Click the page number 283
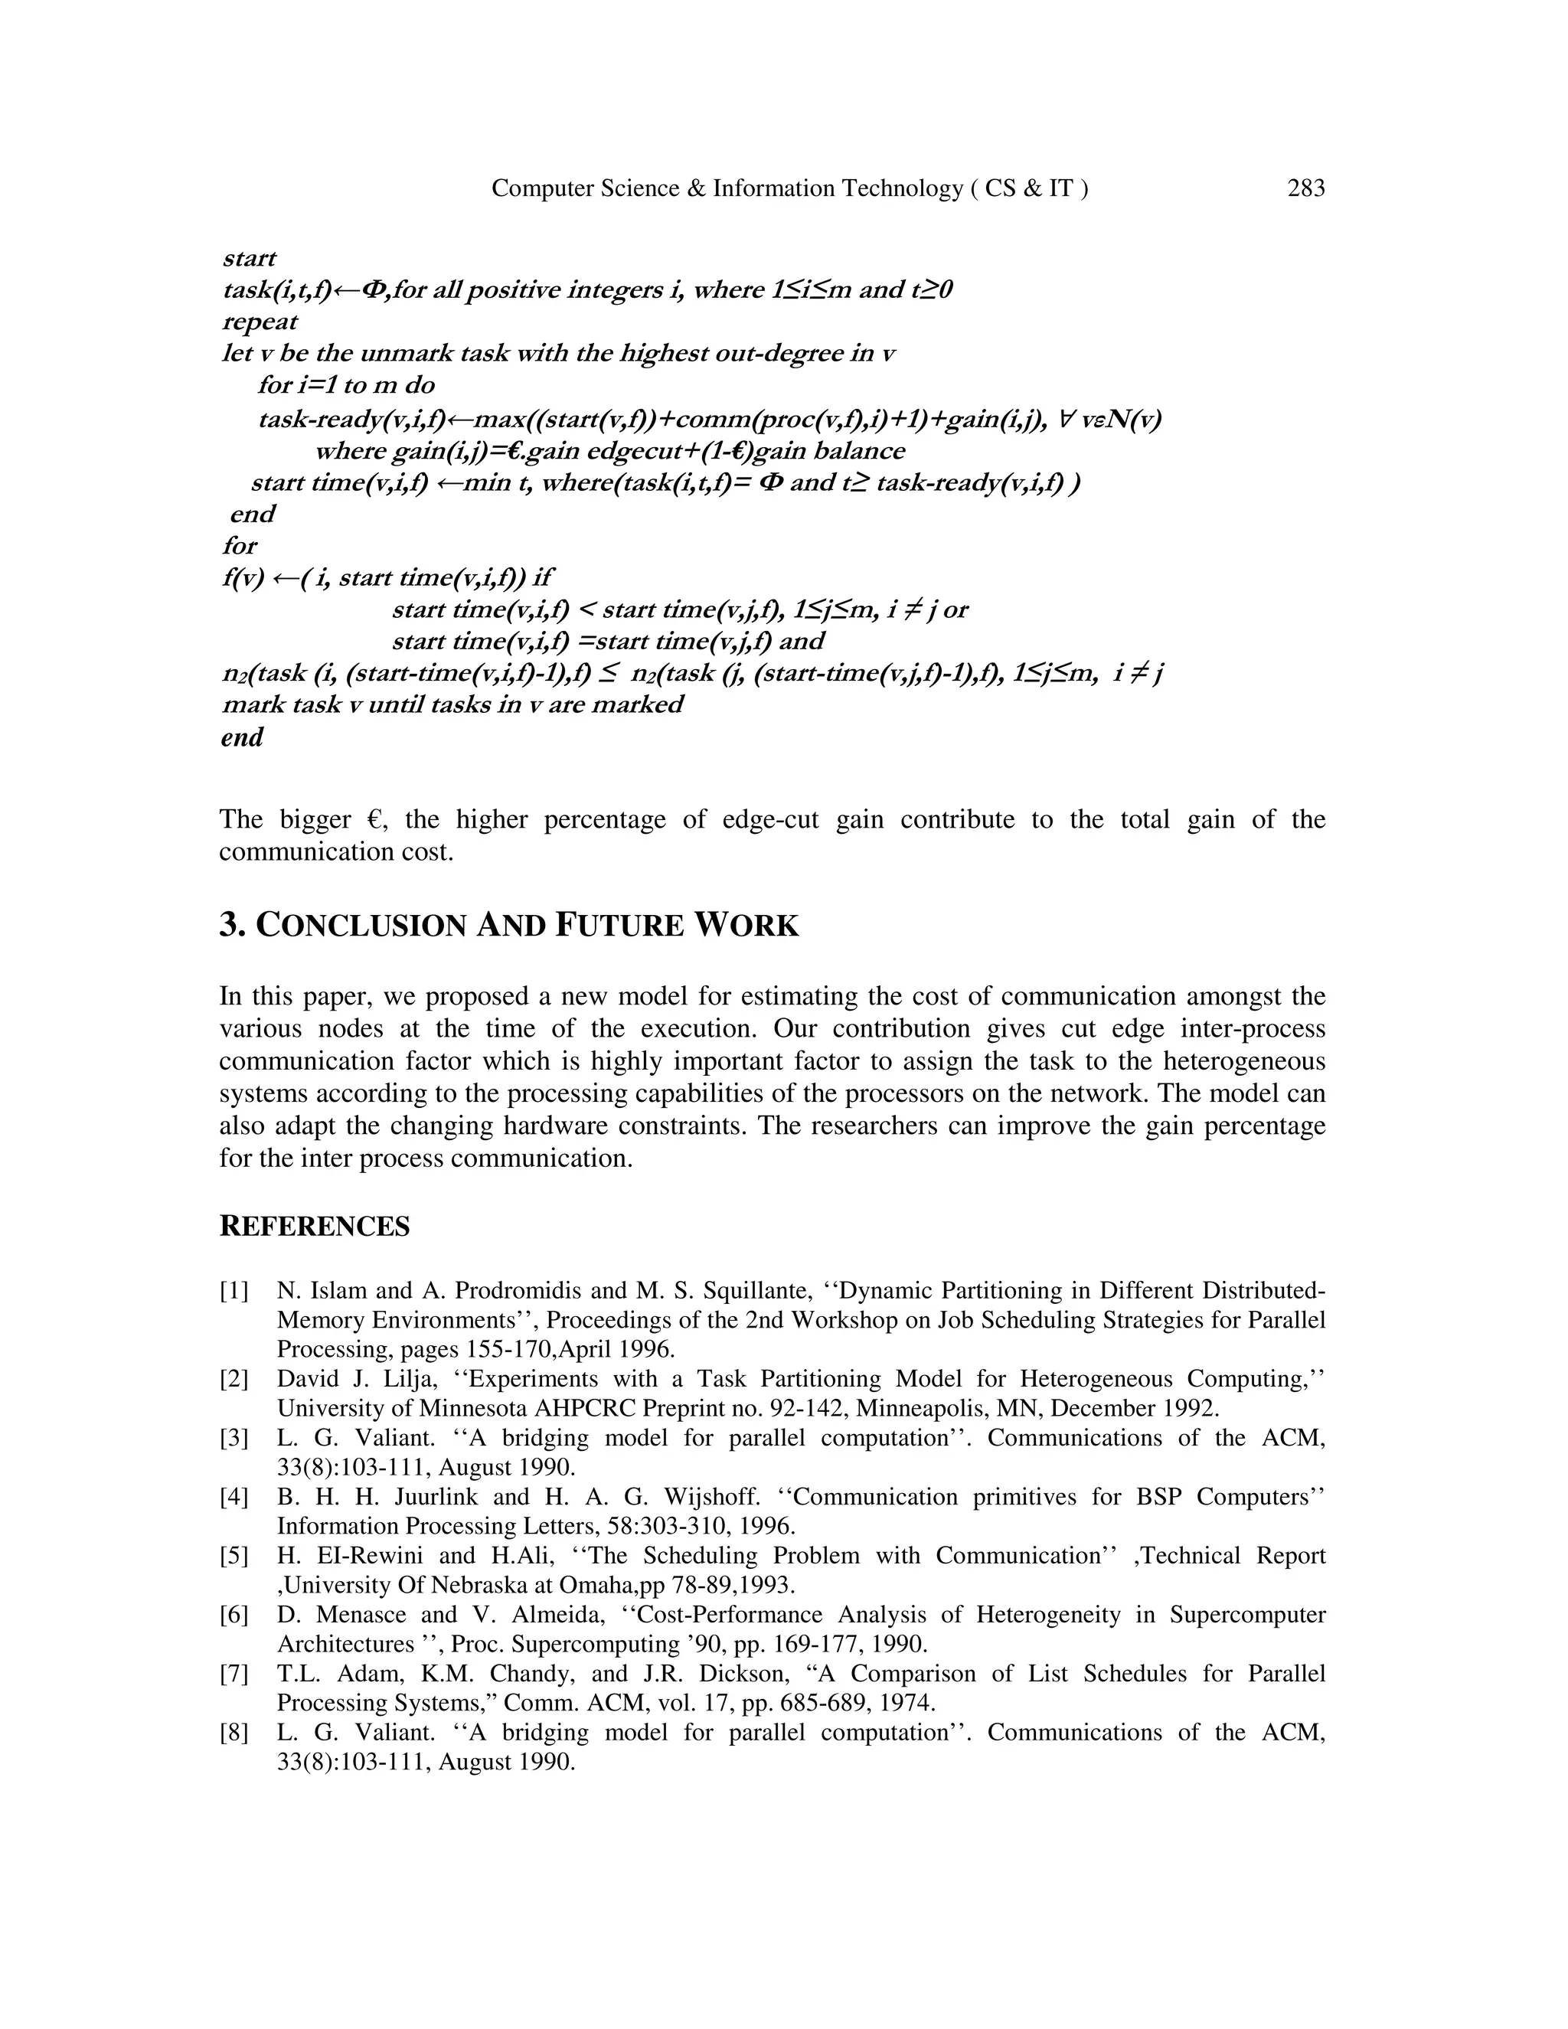(1305, 188)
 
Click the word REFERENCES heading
(314, 1227)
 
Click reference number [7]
(234, 1674)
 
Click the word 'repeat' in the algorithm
(260, 322)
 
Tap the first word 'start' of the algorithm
(249, 258)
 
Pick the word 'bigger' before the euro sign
(314, 820)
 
